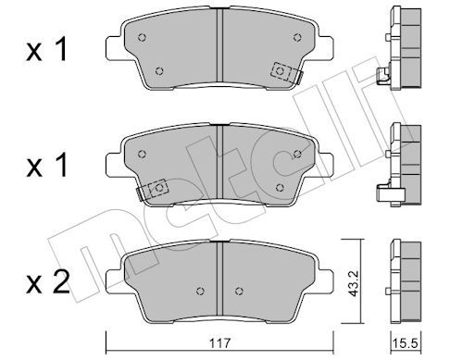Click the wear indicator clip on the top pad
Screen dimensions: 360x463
[x=283, y=72]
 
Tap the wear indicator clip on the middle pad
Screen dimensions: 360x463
[x=153, y=188]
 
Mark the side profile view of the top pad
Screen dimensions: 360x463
[x=403, y=51]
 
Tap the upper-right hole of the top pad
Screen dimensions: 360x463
[x=295, y=38]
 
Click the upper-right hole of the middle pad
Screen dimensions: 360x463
[x=295, y=150]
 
